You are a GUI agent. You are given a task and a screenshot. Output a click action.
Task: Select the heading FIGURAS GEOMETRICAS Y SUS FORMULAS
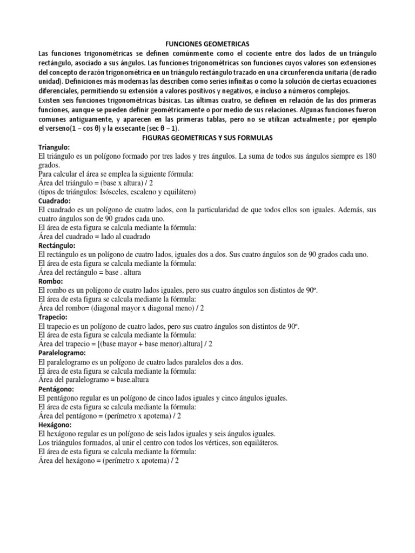pos(208,138)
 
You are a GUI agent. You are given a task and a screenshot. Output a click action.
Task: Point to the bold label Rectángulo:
pos(58,245)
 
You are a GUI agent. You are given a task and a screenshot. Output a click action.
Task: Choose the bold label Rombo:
pos(51,281)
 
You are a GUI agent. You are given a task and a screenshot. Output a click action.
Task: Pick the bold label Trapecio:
pos(53,317)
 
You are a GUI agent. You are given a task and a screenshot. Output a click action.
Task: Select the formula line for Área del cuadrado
pos(95,236)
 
